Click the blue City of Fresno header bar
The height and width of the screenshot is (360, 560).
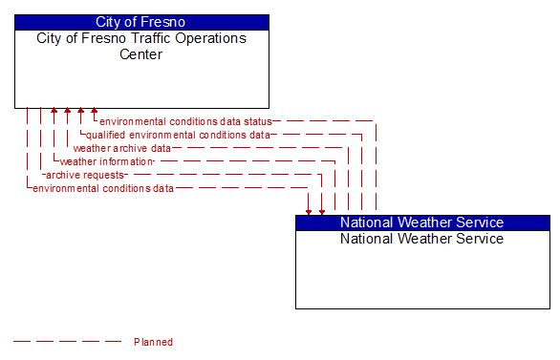click(141, 22)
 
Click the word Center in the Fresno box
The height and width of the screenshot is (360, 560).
click(140, 54)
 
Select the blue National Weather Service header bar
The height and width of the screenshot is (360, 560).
click(422, 222)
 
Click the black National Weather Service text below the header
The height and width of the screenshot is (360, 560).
click(421, 239)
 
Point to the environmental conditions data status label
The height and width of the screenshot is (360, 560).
click(185, 122)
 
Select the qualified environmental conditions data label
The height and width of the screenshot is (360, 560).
click(178, 136)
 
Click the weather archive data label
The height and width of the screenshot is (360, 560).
click(122, 149)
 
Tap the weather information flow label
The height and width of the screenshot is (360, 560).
click(107, 162)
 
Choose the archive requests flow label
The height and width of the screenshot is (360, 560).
click(85, 176)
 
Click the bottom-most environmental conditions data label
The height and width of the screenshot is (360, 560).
click(103, 189)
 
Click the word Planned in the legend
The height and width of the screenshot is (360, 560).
click(153, 342)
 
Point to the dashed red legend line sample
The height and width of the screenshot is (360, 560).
click(67, 342)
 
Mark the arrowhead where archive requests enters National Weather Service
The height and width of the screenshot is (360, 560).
click(322, 210)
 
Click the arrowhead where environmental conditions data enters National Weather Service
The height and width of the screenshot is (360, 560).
click(309, 210)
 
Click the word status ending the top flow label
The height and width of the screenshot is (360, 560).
click(258, 122)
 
